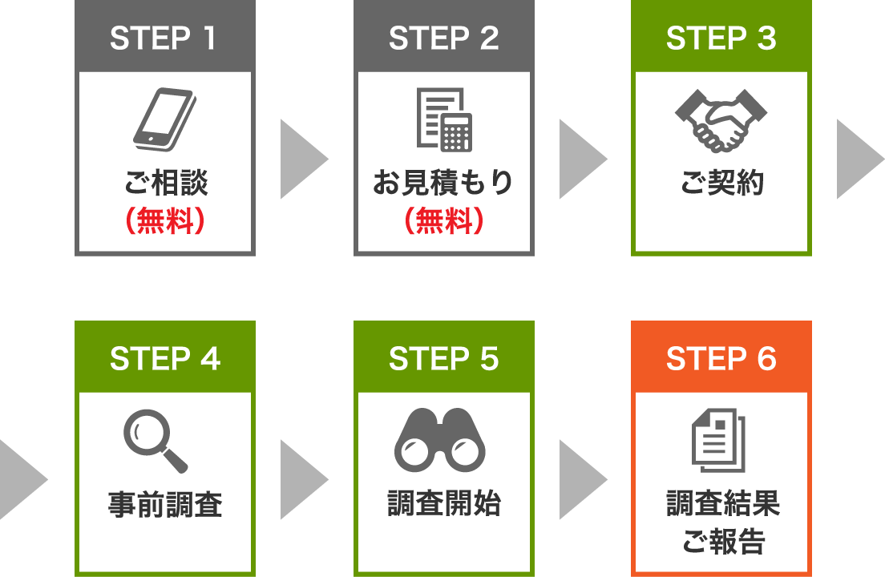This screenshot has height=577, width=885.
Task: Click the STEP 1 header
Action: [164, 38]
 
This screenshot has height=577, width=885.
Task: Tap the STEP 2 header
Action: [443, 38]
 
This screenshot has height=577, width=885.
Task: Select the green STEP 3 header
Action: [721, 38]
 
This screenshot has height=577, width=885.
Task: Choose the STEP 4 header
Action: [164, 359]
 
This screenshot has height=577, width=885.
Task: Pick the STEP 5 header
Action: [443, 359]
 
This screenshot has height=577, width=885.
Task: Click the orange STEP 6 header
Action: [721, 359]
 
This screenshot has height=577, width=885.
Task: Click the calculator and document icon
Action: [443, 119]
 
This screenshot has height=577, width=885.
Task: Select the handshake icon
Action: [721, 120]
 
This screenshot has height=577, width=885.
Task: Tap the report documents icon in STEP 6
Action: [718, 440]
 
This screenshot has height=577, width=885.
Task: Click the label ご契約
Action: [721, 184]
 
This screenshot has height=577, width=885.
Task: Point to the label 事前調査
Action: [164, 504]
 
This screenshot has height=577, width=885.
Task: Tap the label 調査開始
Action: [443, 504]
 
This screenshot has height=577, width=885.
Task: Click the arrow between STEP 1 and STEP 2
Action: [302, 159]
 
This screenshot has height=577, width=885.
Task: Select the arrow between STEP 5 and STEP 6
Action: [581, 480]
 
